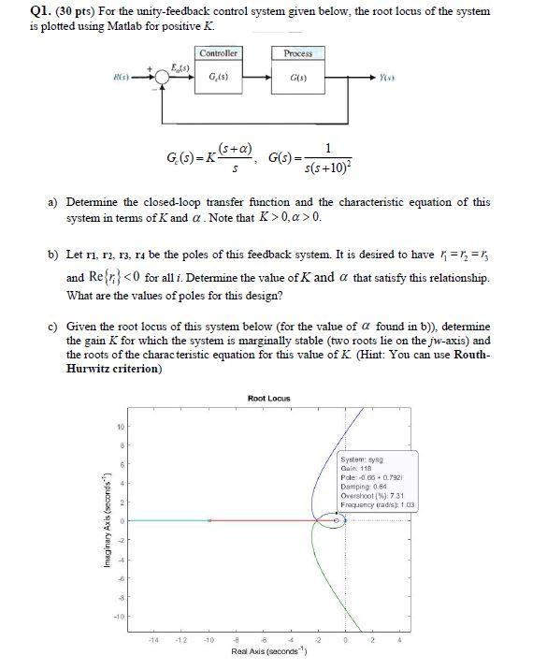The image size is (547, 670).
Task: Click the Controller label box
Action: click(x=219, y=53)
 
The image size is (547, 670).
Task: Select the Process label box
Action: click(x=298, y=53)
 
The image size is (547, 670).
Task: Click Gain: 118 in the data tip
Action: click(x=359, y=468)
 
